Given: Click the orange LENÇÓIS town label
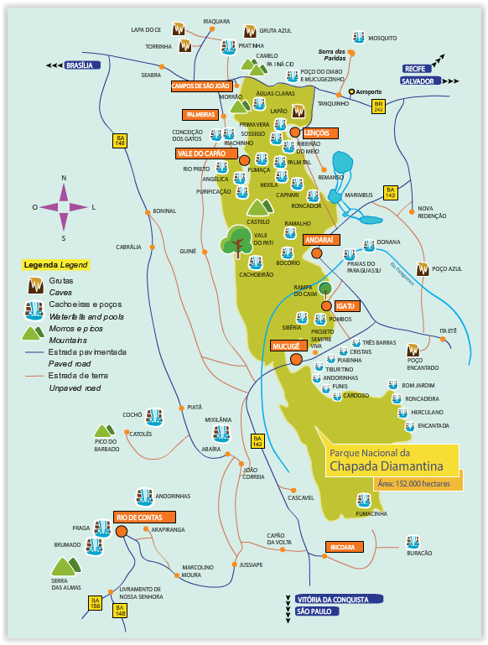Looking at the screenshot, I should point(321,133).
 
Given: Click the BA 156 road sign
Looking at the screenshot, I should point(96,601).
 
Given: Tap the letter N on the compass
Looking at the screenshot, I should point(64,178).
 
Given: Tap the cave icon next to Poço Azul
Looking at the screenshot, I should point(423,269).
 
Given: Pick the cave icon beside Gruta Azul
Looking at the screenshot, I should point(249,31).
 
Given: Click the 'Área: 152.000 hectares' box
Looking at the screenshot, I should point(414,484).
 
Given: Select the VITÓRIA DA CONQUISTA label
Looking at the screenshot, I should point(338,600).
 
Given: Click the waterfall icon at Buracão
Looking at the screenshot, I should point(413,542).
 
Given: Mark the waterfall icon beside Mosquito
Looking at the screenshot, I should point(359,38).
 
